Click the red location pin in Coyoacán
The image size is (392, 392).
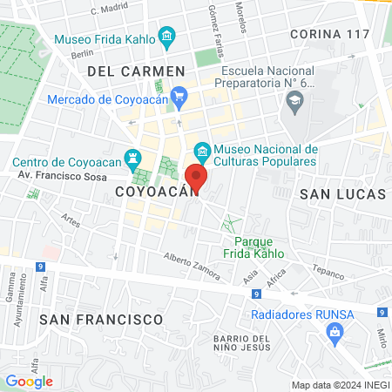(x=198, y=179)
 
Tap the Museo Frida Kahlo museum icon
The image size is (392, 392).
(x=167, y=38)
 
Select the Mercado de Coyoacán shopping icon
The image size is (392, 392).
(x=179, y=96)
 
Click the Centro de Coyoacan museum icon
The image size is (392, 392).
(x=132, y=159)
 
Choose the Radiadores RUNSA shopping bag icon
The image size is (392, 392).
(x=334, y=332)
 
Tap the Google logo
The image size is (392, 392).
(x=29, y=381)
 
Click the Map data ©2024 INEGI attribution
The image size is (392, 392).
(x=338, y=385)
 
